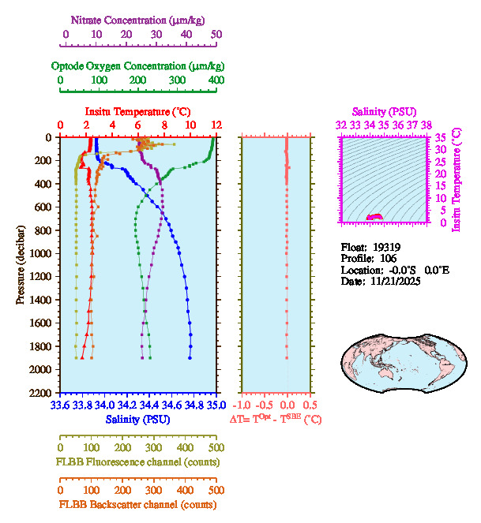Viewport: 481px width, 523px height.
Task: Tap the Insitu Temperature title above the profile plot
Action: (x=137, y=111)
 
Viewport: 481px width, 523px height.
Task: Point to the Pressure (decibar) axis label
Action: (x=21, y=264)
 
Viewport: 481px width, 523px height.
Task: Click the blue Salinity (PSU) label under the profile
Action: (x=138, y=419)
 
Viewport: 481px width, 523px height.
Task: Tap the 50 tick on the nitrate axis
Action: (x=216, y=34)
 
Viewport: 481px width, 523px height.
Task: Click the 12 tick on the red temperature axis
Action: (x=216, y=125)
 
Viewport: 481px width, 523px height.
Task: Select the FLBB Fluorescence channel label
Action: (x=138, y=461)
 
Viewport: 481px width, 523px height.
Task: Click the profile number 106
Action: (x=384, y=258)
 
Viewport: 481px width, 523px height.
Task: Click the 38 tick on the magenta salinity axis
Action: (x=427, y=125)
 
